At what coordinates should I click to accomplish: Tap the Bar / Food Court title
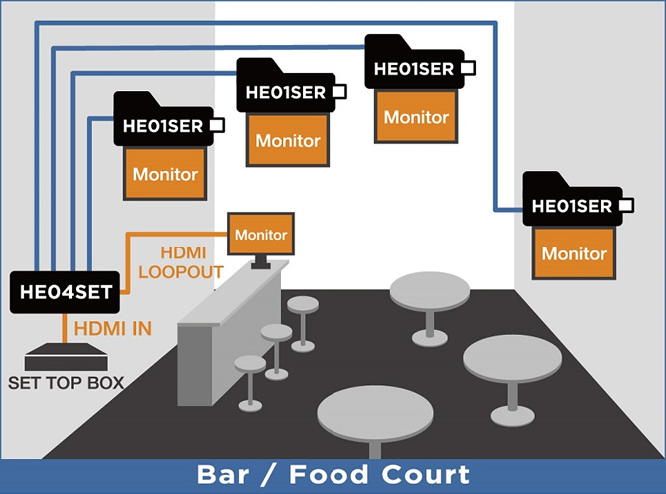333,473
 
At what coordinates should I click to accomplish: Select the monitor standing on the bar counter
260,235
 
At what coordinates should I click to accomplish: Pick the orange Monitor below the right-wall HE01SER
573,253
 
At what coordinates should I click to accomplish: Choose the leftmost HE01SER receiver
163,125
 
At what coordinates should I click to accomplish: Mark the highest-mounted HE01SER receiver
413,69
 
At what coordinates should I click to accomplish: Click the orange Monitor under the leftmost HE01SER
165,174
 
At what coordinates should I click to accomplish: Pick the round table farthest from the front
430,292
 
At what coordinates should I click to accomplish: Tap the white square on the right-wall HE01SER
626,206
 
